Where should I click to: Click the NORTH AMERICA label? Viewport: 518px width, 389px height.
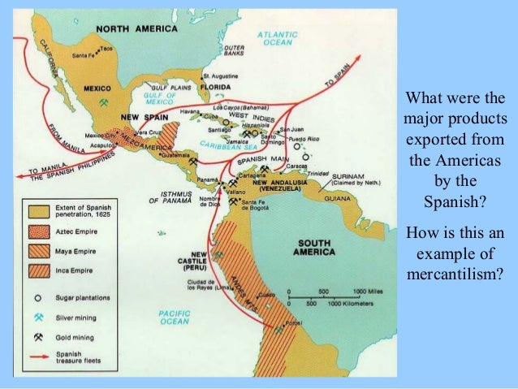click(x=136, y=28)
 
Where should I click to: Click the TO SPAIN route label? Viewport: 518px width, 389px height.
click(x=339, y=81)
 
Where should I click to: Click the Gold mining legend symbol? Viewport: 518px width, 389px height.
click(x=37, y=335)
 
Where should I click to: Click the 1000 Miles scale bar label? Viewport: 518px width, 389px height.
click(x=362, y=290)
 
